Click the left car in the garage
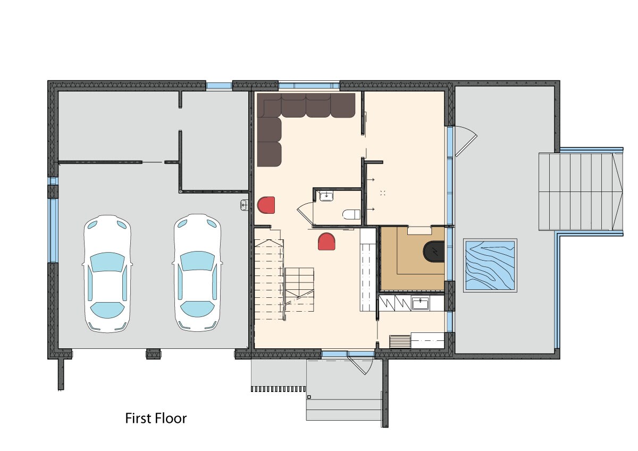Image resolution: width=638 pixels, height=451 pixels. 107,274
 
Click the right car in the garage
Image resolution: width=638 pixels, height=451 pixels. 197,273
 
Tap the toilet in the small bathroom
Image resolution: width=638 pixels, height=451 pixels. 351,214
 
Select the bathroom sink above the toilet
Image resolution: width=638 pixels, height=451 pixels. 326,196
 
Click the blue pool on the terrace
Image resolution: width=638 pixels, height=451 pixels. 490,265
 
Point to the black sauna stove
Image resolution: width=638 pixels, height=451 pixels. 433,251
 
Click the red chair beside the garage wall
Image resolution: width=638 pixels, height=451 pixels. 266,205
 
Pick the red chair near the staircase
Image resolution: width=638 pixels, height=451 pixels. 326,241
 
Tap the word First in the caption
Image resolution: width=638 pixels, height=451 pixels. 138,419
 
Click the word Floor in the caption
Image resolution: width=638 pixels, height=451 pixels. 170,419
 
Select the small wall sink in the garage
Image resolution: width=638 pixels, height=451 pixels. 245,205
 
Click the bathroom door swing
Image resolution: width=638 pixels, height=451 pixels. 305,214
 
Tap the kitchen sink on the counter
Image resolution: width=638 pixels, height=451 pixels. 421,304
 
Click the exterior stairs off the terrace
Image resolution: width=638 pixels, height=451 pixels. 581,192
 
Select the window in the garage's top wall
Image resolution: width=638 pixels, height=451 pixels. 219,86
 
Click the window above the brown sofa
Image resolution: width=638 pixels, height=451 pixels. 309,86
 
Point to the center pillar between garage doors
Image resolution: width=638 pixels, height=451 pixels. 154,354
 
